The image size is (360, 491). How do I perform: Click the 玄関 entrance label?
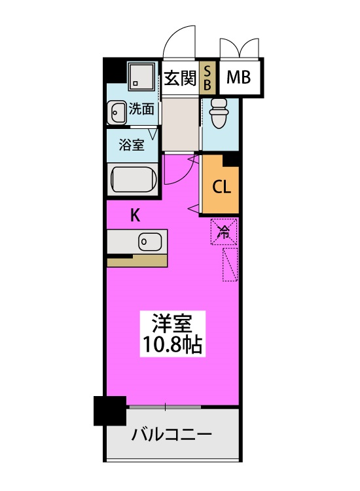[x=180, y=78]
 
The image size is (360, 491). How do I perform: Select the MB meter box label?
[x=239, y=78]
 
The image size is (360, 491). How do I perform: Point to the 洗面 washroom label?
[x=141, y=109]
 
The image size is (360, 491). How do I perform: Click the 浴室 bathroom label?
[x=131, y=145]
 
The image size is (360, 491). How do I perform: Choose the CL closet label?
[x=221, y=187]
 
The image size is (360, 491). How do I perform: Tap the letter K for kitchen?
[x=135, y=215]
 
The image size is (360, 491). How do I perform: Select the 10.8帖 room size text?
[x=171, y=344]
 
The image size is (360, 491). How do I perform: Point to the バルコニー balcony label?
[x=171, y=435]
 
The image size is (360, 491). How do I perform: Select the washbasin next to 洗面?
[x=117, y=112]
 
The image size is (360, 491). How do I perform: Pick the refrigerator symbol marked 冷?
[x=223, y=231]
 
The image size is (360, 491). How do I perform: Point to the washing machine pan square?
[x=141, y=77]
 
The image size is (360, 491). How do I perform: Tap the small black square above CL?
[x=231, y=159]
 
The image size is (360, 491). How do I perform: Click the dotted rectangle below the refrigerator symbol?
[x=230, y=264]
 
